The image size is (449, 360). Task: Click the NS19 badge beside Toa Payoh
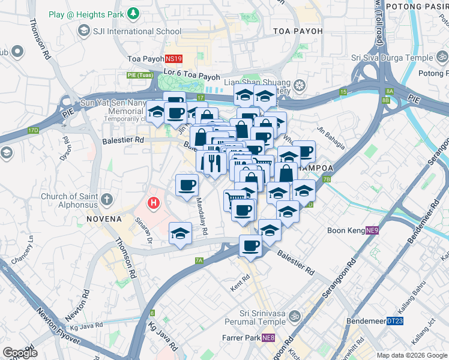point(173,59)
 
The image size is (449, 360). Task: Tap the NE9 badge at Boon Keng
point(372,230)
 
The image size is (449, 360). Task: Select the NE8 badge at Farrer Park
point(268,338)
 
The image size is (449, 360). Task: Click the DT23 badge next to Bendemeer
point(395,322)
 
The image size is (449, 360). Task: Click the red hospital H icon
point(154,203)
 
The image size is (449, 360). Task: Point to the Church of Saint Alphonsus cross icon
point(107,199)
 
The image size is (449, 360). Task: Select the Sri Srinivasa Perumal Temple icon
point(294,316)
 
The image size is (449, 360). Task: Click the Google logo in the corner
point(19,353)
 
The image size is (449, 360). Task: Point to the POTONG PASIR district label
point(417,7)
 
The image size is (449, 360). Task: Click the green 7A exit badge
point(199,260)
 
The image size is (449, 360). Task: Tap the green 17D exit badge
point(32,130)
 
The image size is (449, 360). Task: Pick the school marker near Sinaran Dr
point(180,235)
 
